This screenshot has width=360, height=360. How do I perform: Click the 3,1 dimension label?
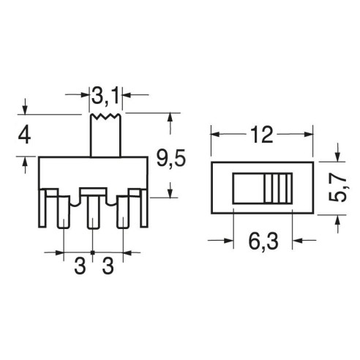pyautogui.click(x=105, y=96)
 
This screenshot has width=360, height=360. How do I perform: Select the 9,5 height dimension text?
pyautogui.click(x=171, y=158)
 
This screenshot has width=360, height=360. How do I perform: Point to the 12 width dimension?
pyautogui.click(x=261, y=135)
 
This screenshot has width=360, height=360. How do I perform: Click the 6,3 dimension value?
pyautogui.click(x=263, y=241)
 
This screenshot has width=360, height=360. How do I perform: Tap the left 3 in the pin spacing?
pyautogui.click(x=80, y=266)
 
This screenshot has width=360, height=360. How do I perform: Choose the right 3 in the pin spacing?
pyautogui.click(x=108, y=266)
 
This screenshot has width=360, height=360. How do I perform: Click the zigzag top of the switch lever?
pyautogui.click(x=105, y=116)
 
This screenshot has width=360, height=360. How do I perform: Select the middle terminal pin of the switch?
pyautogui.click(x=93, y=211)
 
